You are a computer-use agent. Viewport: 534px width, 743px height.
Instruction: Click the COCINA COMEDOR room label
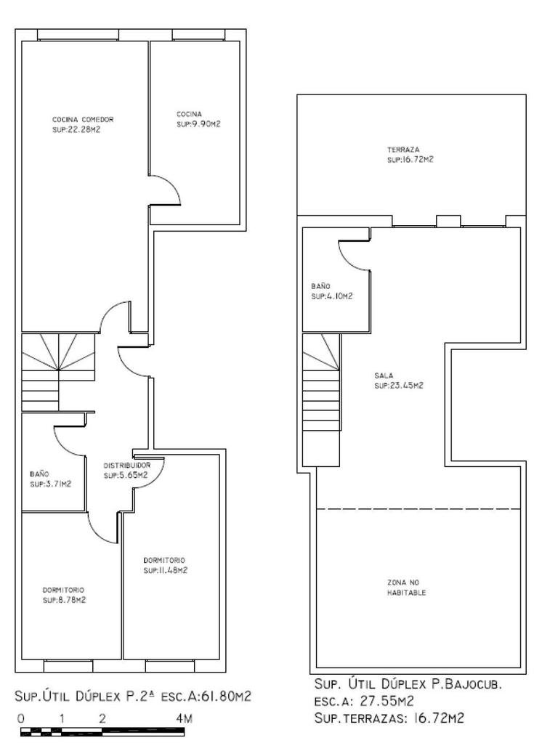(83, 119)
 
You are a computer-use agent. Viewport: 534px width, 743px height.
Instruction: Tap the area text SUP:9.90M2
(198, 124)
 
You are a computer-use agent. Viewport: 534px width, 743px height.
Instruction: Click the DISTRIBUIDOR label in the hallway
(127, 466)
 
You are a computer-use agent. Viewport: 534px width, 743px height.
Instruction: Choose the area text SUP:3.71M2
(50, 484)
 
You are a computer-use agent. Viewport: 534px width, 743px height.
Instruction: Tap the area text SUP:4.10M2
(332, 296)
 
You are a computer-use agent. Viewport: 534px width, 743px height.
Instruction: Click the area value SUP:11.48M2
(166, 571)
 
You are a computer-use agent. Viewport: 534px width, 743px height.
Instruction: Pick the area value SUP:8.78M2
(64, 600)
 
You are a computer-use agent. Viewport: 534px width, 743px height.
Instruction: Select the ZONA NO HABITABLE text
(407, 588)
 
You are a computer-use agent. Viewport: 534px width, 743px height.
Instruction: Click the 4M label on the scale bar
(185, 718)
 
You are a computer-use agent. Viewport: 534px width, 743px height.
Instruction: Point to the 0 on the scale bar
(21, 718)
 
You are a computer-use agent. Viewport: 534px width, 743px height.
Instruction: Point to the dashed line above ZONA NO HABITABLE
(418, 509)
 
